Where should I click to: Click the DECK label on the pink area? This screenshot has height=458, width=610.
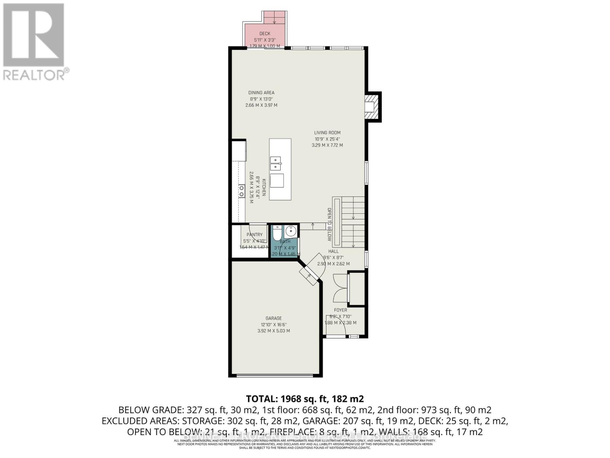(265, 34)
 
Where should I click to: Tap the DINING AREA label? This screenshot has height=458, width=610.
(261, 92)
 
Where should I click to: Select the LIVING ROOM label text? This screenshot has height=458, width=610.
(327, 133)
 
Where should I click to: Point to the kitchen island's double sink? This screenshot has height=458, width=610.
(275, 163)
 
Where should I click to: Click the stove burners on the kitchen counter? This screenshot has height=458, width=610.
(241, 190)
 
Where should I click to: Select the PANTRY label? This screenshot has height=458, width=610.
(254, 235)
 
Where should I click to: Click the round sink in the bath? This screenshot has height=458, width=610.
(291, 231)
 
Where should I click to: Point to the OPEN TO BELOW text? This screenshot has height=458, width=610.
(329, 224)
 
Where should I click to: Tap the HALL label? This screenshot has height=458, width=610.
(333, 251)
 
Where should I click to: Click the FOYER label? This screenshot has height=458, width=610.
(340, 310)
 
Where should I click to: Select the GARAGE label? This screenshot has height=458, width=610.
(273, 318)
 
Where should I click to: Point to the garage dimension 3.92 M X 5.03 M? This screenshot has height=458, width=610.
(273, 331)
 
